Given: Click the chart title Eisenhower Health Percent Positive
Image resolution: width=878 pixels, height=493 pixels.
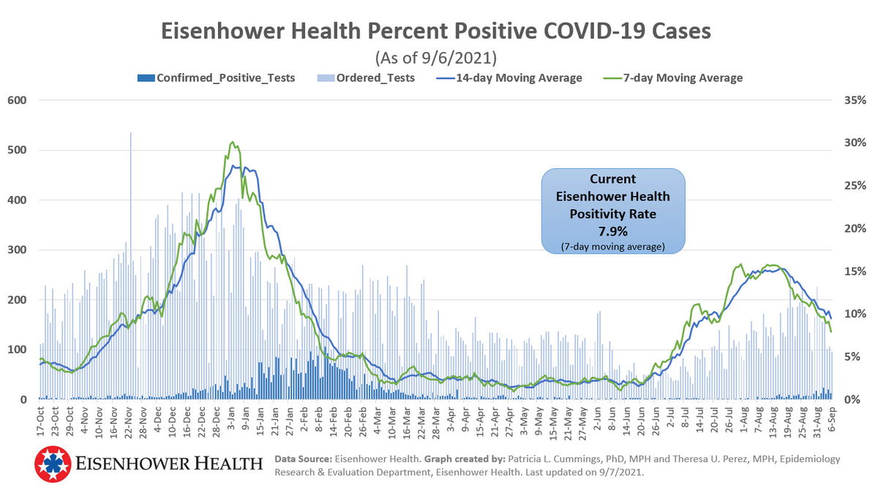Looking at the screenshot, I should (435, 31).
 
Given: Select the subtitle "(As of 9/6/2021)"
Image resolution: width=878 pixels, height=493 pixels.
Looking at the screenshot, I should (435, 57).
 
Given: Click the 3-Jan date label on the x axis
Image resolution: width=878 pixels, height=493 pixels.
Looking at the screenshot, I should (232, 419).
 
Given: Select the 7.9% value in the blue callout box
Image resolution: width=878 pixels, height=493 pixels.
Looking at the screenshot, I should (613, 231).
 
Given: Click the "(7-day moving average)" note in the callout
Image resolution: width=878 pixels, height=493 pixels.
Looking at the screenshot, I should (613, 246).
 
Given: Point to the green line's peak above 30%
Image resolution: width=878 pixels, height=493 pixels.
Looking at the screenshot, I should (232, 143).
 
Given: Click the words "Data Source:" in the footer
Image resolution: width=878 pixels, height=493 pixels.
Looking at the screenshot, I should (303, 459).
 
